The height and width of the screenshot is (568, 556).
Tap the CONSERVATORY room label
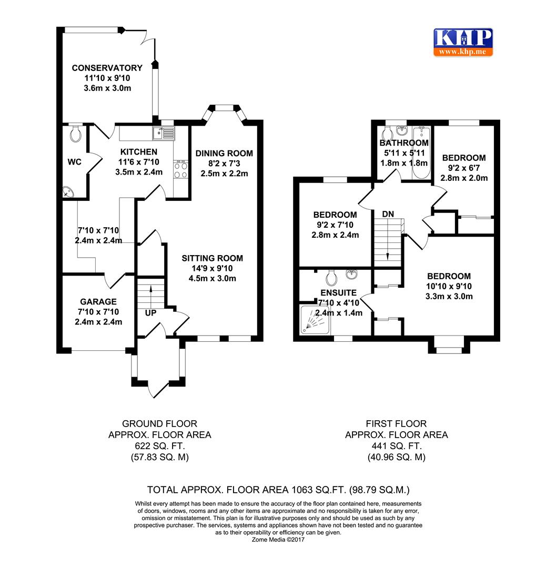tap(107, 68)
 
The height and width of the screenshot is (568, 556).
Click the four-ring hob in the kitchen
tap(181, 170)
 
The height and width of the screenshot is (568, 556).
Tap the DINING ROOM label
tap(224, 154)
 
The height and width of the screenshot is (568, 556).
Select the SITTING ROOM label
tap(213, 258)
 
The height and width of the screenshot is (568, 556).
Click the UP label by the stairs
tap(151, 313)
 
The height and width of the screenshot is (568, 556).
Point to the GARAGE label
tap(98, 302)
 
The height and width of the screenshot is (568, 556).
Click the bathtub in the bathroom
tap(420, 154)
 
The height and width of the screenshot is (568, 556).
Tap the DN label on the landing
tap(388, 214)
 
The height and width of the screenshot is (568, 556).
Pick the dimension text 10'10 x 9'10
tap(449, 286)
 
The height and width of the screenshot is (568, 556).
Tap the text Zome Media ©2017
tap(278, 540)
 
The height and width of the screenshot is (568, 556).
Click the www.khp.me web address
tap(463, 52)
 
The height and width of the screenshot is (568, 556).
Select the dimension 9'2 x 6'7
tap(463, 168)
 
